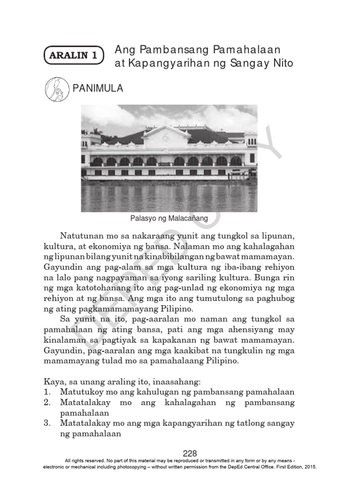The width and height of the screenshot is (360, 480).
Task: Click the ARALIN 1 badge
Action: click(74, 55)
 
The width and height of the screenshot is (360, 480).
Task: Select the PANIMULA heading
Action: click(97, 88)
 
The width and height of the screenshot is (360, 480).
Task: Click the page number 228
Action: click(190, 453)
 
